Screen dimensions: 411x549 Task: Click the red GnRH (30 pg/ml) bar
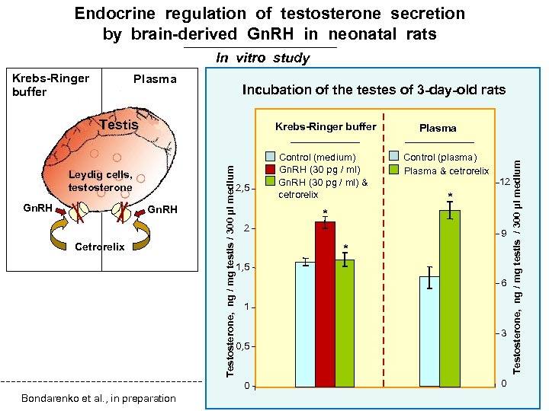coord(326,304)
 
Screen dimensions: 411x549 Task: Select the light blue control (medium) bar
coord(305,323)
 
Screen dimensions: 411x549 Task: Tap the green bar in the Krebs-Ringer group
coord(345,323)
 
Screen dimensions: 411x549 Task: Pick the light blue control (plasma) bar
coord(430,331)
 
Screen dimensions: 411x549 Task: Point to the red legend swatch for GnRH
coord(270,169)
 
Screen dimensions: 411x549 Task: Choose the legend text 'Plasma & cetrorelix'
coord(446,171)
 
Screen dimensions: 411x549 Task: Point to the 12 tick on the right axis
coord(504,182)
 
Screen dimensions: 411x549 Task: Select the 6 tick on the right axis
coord(503,283)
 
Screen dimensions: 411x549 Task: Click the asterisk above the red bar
coord(325,212)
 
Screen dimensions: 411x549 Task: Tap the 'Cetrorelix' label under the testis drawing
coord(100,247)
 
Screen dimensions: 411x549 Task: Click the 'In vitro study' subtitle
coord(263,58)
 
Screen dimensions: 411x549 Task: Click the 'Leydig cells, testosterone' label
coord(100,181)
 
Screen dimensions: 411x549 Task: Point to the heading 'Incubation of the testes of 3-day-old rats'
coord(374,90)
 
